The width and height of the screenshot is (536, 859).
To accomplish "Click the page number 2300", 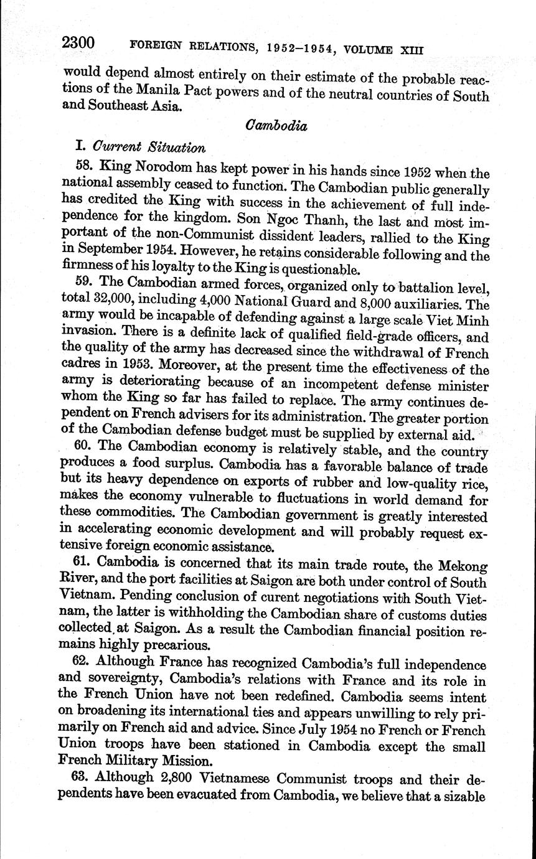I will [x=78, y=43].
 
